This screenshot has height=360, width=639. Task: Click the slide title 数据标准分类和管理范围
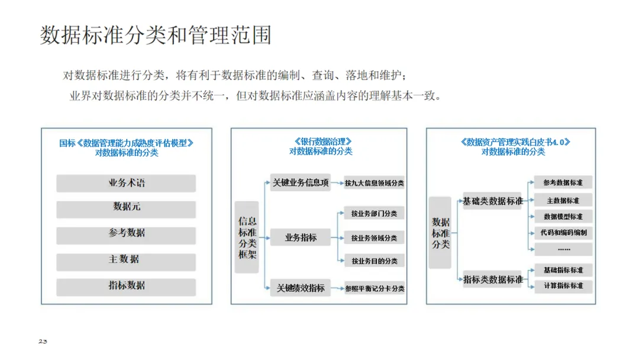point(156,36)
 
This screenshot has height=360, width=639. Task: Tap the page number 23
point(43,342)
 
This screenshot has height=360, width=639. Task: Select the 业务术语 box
point(126,184)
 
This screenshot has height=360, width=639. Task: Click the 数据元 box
point(126,208)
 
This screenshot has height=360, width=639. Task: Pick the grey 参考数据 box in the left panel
point(126,233)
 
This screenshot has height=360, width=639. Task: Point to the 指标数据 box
point(126,286)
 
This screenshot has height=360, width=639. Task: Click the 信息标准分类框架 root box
point(247,237)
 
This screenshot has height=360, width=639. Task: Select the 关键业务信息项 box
point(300,183)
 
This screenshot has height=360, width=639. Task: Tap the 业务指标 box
point(300,238)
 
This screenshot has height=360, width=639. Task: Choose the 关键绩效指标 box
point(300,288)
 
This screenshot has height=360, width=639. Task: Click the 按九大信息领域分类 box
point(375,184)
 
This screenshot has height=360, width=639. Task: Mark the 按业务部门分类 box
point(375,214)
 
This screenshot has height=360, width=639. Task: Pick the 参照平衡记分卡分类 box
point(375,289)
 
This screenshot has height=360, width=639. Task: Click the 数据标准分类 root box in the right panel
point(440,233)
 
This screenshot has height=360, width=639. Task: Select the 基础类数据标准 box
point(493,201)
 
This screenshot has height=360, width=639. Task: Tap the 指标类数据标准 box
point(493,279)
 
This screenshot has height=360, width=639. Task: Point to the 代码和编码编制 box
point(563,233)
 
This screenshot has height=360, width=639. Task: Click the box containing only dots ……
point(563,249)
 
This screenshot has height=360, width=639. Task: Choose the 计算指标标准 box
point(563,286)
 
